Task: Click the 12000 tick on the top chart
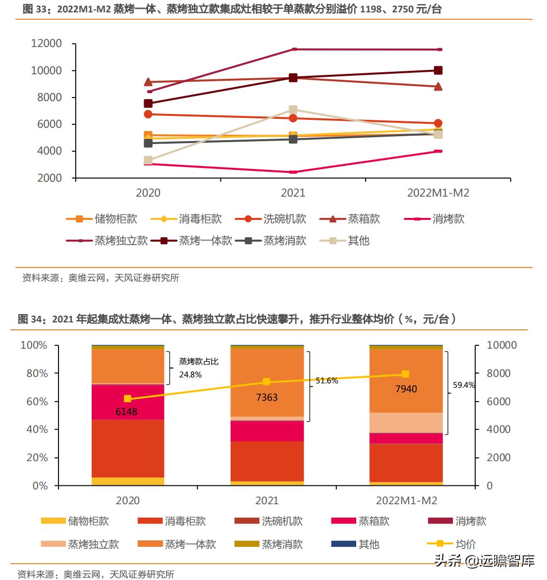(x=47, y=44)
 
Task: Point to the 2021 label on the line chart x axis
(x=293, y=193)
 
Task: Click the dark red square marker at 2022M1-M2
(x=438, y=70)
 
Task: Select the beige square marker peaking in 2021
(x=293, y=109)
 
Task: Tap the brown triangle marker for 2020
(x=148, y=82)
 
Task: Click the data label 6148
(x=126, y=412)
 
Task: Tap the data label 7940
(x=406, y=389)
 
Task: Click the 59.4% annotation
(x=464, y=385)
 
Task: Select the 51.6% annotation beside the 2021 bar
(x=327, y=381)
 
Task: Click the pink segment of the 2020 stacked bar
(x=128, y=402)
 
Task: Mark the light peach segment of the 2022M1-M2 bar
(x=406, y=422)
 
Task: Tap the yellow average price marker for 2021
(x=267, y=381)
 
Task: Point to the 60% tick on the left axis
(x=37, y=402)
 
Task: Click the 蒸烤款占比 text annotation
(x=199, y=362)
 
